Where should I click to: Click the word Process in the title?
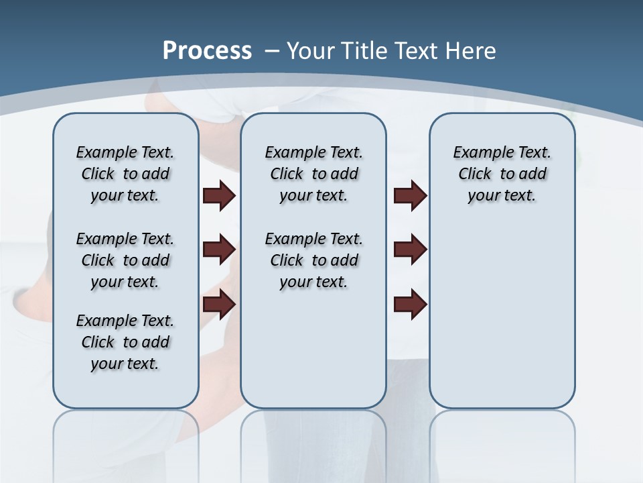click(207, 51)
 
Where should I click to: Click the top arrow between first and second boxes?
click(219, 195)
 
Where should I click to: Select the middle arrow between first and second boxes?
click(219, 250)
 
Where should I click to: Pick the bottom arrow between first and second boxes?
click(219, 305)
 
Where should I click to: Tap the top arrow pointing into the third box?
click(410, 195)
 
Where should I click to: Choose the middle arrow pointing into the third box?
click(410, 250)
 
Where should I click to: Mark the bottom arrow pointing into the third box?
click(410, 305)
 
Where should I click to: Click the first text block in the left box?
click(125, 174)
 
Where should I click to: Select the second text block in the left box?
click(125, 260)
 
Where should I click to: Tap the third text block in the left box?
click(125, 342)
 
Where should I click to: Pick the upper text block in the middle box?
click(313, 174)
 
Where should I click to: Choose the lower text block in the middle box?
click(313, 260)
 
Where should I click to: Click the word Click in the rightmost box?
click(475, 174)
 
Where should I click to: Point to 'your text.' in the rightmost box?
click(502, 196)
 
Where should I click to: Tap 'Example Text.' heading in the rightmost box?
click(502, 152)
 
